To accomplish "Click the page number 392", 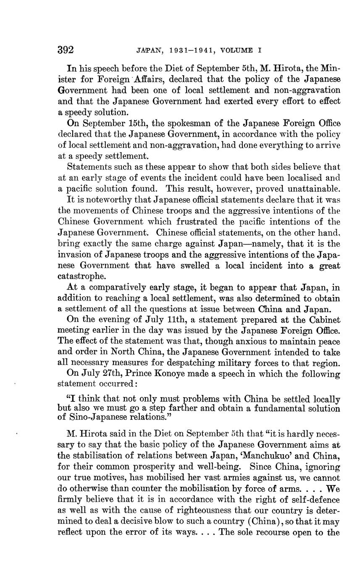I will click(x=66, y=50).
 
